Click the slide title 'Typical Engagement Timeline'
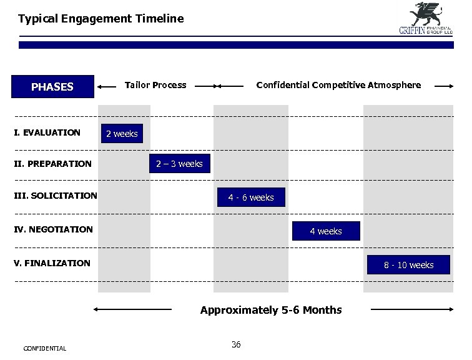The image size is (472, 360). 101,19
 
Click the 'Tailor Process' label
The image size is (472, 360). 155,85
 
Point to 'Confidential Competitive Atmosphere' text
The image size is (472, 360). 338,85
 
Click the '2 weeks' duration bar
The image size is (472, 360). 122,134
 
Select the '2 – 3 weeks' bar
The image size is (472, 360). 179,164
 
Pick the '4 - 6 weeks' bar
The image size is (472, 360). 250,197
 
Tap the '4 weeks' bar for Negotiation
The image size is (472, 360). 326,231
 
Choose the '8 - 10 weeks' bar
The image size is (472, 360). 408,265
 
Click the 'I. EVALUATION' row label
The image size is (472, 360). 47,132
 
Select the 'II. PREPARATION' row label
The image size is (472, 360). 53,164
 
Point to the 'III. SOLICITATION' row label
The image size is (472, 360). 56,196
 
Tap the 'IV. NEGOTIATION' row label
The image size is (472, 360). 54,229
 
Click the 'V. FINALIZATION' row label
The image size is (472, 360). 52,263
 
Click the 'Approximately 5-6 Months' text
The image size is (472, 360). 271,310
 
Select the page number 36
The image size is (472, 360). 236,344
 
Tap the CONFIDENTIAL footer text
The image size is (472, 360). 44,348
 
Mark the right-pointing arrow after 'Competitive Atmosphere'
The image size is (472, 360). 445,86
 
